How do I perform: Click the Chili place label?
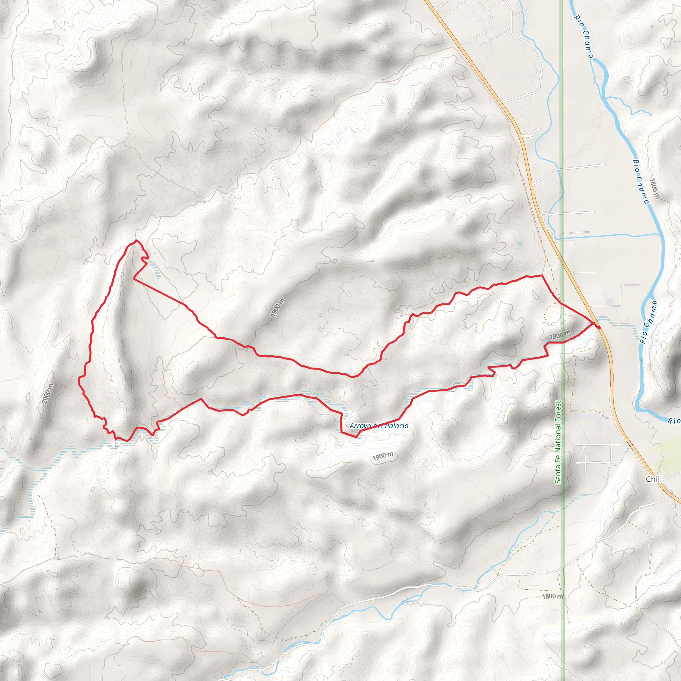[654, 479]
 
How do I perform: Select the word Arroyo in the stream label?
[360, 426]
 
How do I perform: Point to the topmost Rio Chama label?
[583, 36]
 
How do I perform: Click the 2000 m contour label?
[48, 393]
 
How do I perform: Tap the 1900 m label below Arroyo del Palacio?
[383, 456]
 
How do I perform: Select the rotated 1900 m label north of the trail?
[278, 307]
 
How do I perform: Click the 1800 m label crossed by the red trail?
[559, 335]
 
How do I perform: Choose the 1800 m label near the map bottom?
[552, 596]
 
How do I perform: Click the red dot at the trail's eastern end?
[599, 328]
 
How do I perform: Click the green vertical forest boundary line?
[562, 141]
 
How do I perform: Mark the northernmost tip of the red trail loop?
[136, 241]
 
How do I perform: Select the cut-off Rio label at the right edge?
[674, 421]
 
